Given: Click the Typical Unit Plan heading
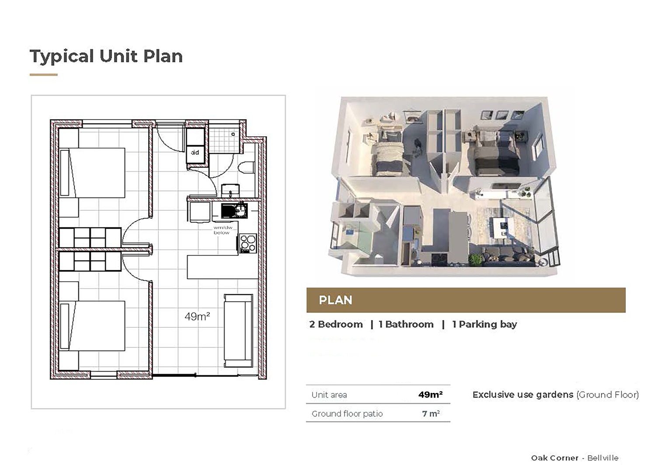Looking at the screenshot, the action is click(x=106, y=57).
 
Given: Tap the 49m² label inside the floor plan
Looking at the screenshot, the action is click(x=197, y=316).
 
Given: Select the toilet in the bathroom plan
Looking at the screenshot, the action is click(x=246, y=167).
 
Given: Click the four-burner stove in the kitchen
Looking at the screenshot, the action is click(x=248, y=243).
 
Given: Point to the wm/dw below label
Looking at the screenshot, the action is click(x=223, y=230).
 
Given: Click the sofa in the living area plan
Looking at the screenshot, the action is click(x=238, y=330).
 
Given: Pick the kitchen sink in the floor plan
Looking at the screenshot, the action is click(x=234, y=211).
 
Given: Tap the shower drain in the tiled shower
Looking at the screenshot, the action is click(x=233, y=134).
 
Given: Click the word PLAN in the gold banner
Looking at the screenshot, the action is click(x=335, y=300).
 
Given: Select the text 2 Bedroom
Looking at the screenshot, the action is click(x=336, y=324).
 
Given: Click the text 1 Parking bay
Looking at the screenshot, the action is click(x=484, y=324).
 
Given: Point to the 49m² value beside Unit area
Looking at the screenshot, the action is click(x=430, y=395).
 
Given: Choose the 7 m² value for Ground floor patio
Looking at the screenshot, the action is click(x=431, y=413).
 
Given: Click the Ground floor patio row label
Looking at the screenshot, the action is click(x=347, y=413).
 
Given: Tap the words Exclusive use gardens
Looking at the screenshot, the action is click(x=523, y=395).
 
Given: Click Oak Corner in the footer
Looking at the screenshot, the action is click(x=554, y=458).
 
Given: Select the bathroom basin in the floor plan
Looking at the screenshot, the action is click(x=230, y=190).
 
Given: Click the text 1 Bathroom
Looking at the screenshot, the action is click(x=406, y=324).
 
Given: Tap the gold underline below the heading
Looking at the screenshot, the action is click(x=44, y=75).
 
